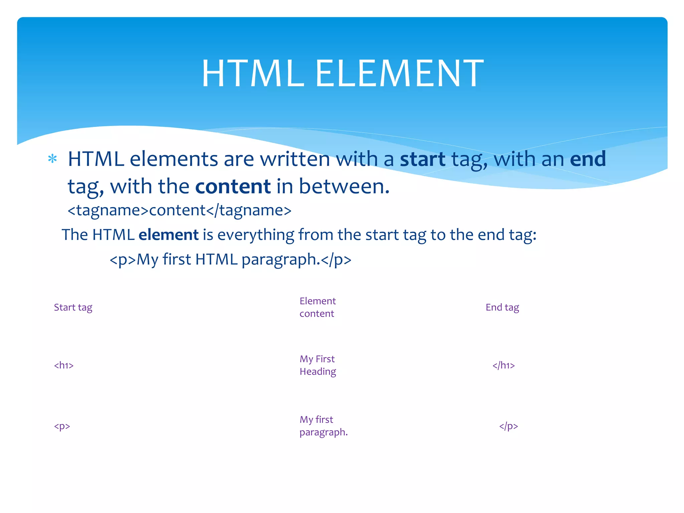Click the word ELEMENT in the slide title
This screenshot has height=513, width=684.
pos(399,73)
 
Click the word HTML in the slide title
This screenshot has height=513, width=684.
pos(253,73)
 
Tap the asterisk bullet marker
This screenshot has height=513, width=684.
pos(52,159)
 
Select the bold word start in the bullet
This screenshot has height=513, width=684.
pos(422,159)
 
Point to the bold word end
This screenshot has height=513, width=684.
pos(588,159)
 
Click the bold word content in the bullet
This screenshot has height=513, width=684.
pos(233,186)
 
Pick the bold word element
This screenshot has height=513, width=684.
pos(168,235)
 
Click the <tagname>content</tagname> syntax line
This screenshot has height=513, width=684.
pos(179,210)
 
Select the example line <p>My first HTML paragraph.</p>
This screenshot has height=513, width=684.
pos(230,260)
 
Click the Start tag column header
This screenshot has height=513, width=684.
pos(73,307)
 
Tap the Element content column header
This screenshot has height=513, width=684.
pos(317,307)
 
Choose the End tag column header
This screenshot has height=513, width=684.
pos(502,307)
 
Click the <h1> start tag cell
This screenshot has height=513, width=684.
pos(64,365)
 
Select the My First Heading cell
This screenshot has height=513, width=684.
pos(318,365)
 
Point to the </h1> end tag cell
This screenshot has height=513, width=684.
pos(504,365)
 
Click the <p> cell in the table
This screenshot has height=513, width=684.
pos(62,426)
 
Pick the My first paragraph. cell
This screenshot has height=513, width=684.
pos(323,426)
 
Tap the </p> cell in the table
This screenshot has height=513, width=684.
pos(509,426)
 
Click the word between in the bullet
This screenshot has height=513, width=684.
pos(344,186)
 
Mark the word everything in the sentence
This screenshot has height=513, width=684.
pos(256,235)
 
